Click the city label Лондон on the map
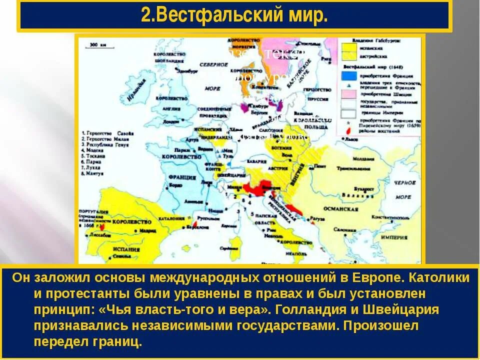coord(171,121)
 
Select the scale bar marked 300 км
coord(98,46)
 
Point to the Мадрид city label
coord(147,231)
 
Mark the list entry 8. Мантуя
coord(94,174)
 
